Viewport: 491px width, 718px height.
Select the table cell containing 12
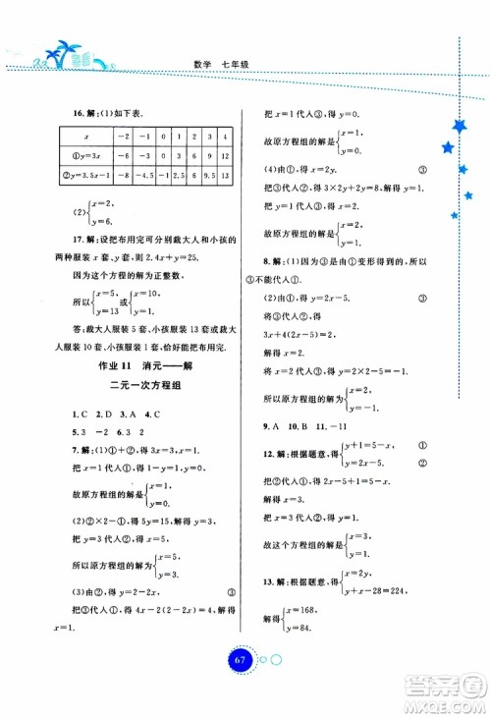tap(227, 156)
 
